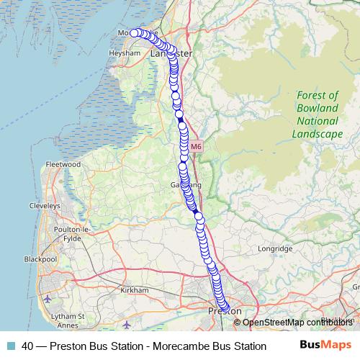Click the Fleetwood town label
62,164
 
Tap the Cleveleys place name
44,205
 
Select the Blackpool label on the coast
40,258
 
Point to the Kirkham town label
135,289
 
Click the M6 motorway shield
197,146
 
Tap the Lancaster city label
171,54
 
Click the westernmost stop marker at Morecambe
134,32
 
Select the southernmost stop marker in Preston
226,310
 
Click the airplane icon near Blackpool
48,299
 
